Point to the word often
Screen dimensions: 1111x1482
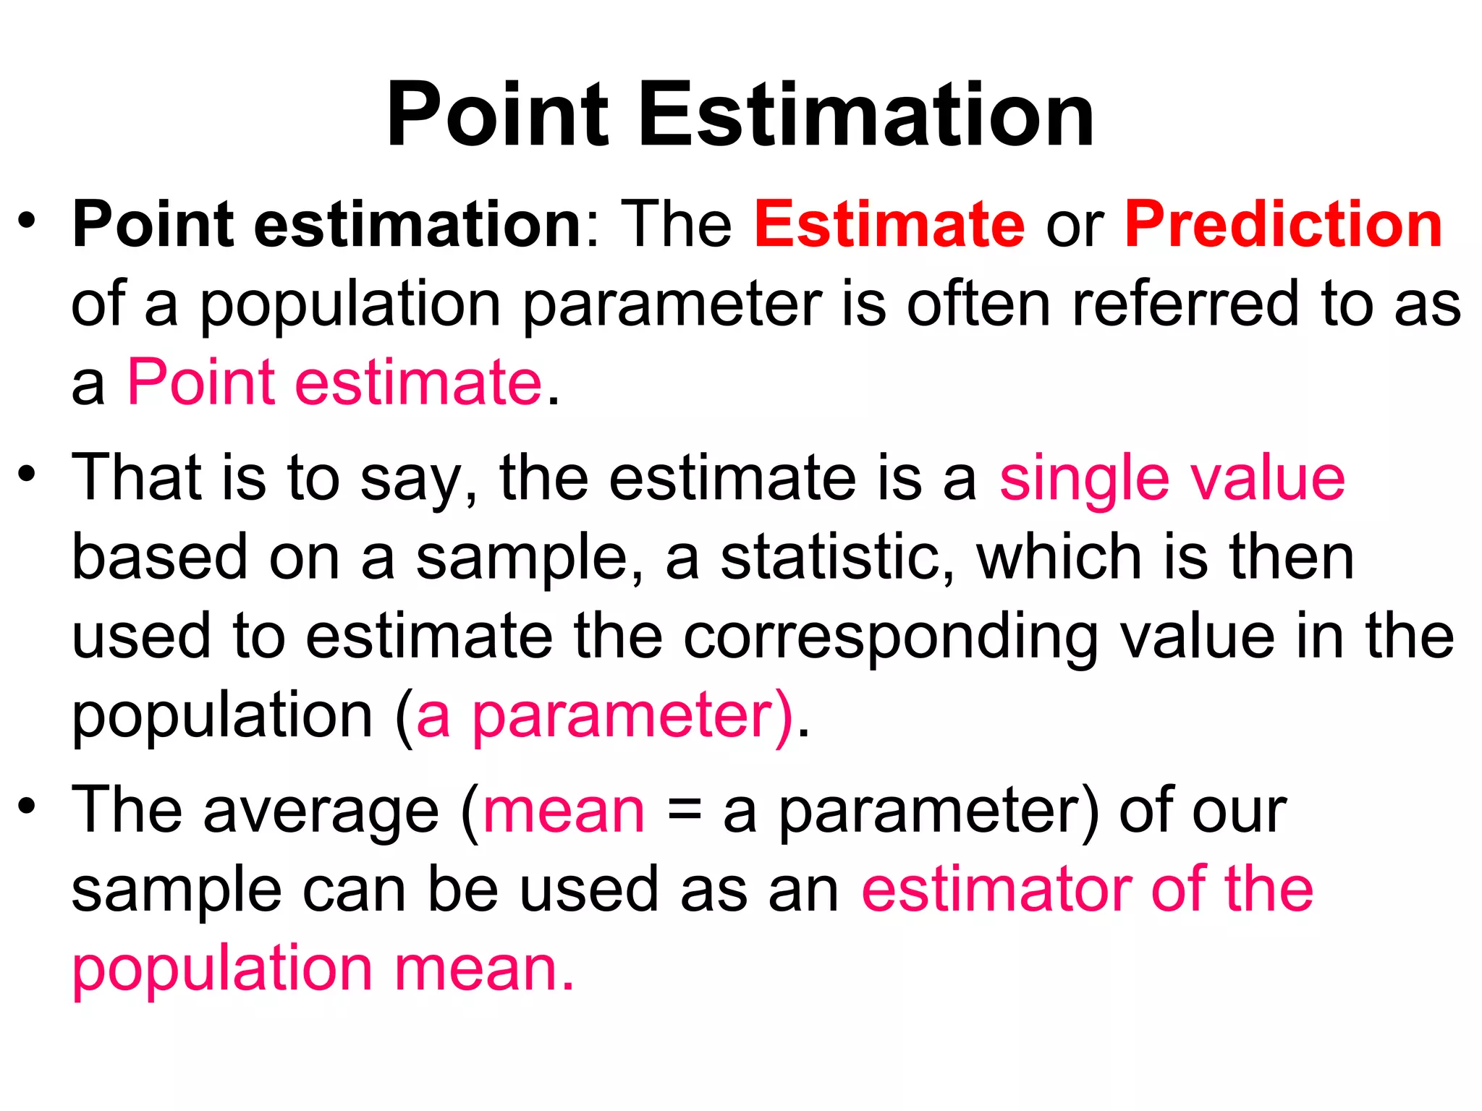[x=978, y=304]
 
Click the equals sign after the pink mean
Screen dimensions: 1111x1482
[x=684, y=810]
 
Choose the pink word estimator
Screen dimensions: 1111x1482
[x=996, y=890]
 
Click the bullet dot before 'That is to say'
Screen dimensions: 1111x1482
[x=27, y=474]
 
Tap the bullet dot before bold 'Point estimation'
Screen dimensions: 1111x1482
[x=27, y=221]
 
